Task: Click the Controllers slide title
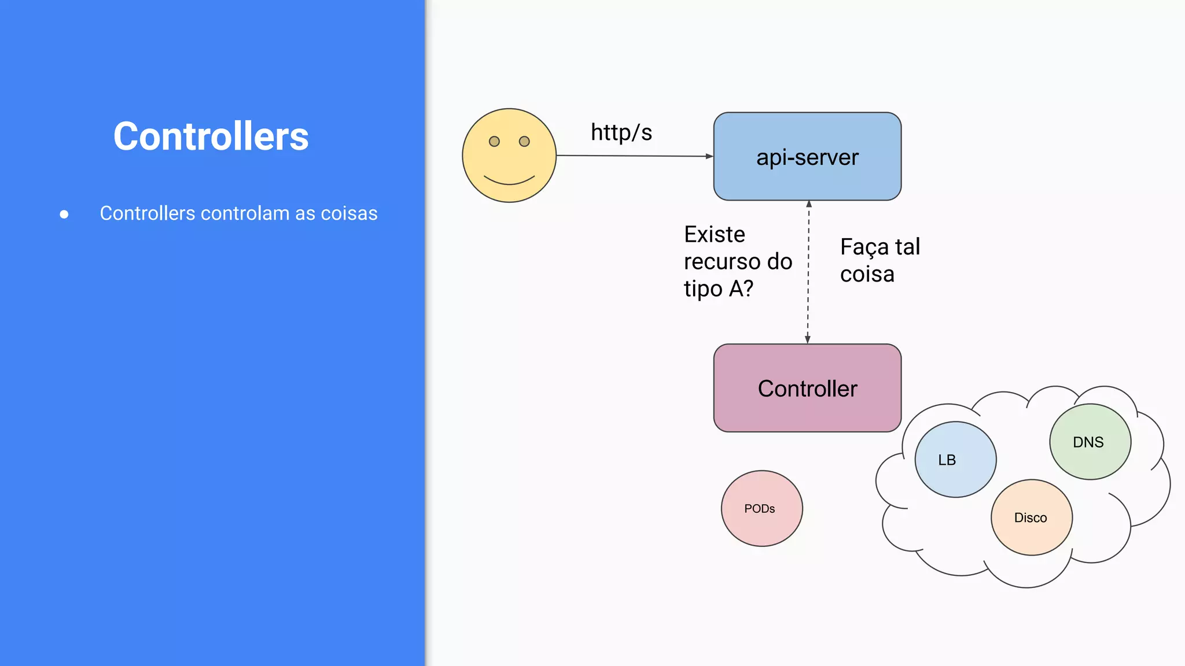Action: click(x=211, y=136)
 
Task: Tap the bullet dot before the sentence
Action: click(x=64, y=214)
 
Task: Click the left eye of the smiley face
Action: click(x=494, y=142)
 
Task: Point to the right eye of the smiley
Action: click(x=524, y=142)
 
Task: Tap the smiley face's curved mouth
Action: click(x=509, y=180)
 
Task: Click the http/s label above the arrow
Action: click(x=621, y=132)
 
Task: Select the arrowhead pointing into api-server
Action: click(x=709, y=156)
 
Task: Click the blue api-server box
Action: click(x=807, y=157)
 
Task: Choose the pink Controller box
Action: click(x=807, y=388)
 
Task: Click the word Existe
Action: click(x=715, y=235)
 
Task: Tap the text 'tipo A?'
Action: click(x=719, y=288)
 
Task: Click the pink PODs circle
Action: click(x=761, y=508)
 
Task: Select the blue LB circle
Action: click(x=955, y=460)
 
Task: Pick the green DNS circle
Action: click(x=1090, y=442)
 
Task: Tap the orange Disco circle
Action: click(x=1031, y=517)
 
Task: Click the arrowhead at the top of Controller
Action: click(x=808, y=339)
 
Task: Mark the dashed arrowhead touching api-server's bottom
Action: click(x=809, y=204)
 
